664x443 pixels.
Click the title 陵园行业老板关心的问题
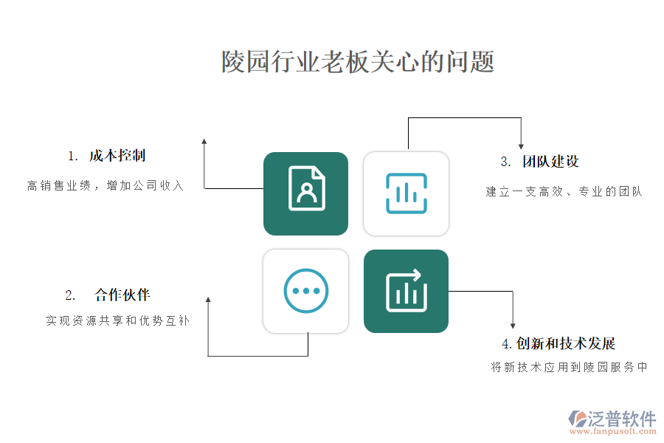[358, 62]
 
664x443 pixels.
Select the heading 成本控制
[117, 156]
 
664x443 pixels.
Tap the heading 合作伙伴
[122, 295]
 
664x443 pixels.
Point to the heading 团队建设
[550, 162]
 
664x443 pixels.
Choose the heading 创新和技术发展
[566, 343]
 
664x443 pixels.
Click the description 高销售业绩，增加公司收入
[106, 186]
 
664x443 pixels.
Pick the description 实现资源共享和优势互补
[117, 321]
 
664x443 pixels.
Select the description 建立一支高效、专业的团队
[564, 192]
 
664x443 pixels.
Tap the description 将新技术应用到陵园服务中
[569, 367]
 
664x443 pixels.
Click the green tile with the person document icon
[305, 193]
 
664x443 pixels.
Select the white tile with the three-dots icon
[305, 291]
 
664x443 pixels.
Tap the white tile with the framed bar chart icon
[406, 193]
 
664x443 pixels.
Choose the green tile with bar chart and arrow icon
[406, 291]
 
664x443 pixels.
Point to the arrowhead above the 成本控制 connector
[204, 141]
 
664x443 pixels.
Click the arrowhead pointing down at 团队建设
[521, 146]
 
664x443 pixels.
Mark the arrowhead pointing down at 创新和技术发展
[513, 325]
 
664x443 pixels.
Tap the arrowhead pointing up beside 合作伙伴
[208, 301]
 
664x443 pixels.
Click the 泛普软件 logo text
[621, 419]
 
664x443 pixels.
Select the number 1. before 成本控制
[72, 157]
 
